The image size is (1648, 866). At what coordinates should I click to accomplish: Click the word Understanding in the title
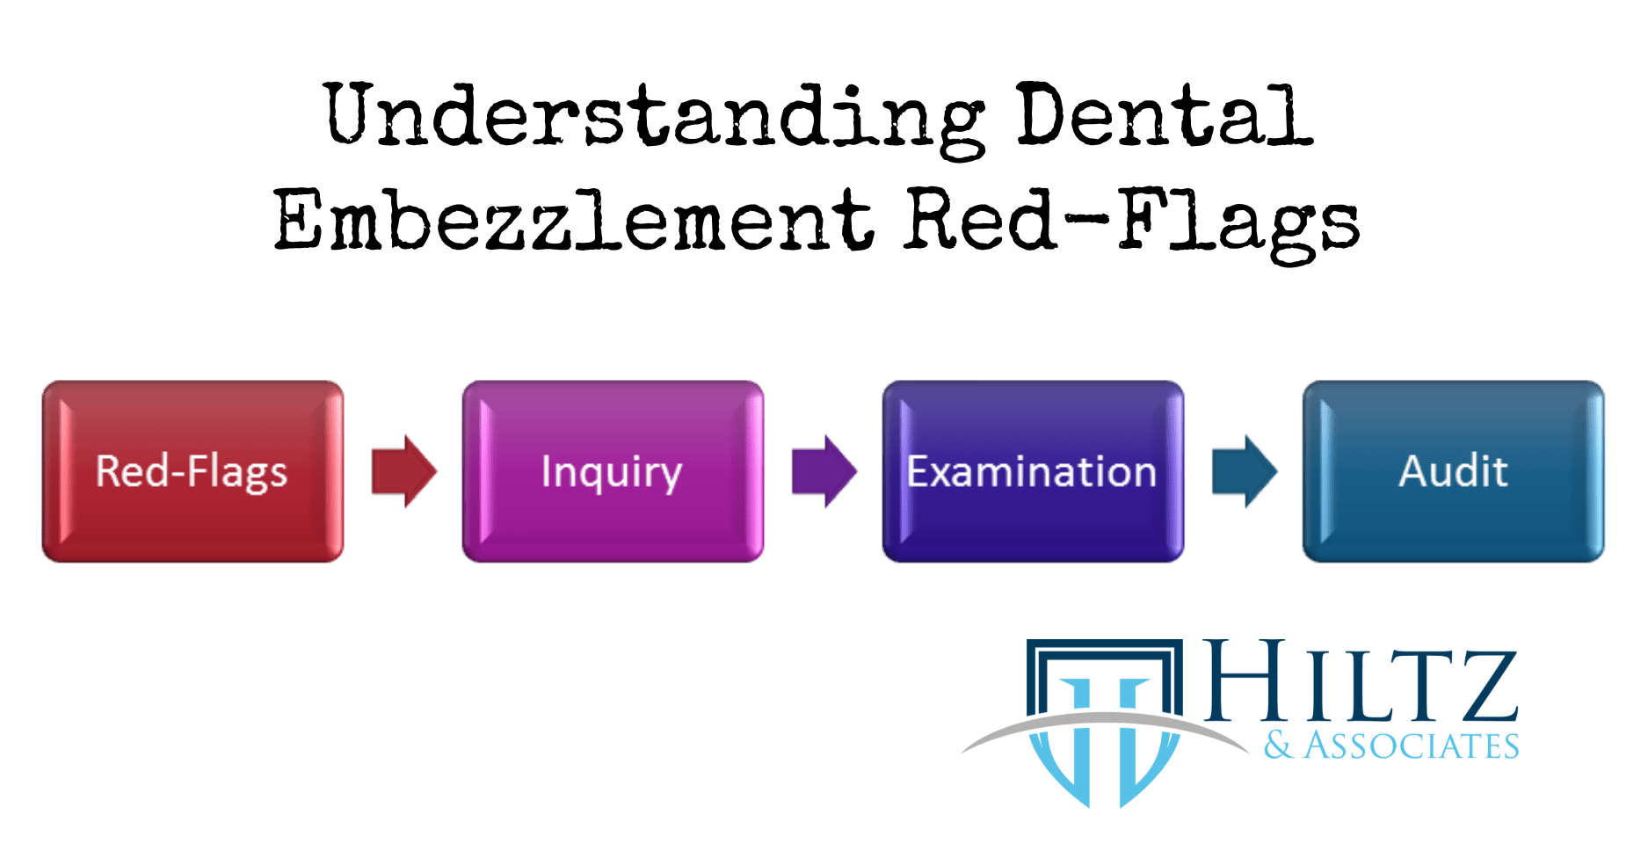(655, 120)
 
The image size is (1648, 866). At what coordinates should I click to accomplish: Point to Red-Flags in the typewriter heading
(1133, 223)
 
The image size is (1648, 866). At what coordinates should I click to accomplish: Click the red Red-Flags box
(192, 471)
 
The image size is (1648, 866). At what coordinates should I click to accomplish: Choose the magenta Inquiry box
(613, 471)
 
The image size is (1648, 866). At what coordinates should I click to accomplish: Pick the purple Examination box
(1033, 471)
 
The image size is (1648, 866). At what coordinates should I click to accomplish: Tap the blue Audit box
(1453, 471)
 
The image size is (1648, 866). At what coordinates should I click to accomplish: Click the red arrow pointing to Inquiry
(403, 471)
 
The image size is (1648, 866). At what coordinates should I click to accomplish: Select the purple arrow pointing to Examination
(824, 471)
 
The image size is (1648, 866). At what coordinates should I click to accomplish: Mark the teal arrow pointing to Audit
(1244, 471)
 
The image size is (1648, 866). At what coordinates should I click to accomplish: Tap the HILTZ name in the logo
(1361, 680)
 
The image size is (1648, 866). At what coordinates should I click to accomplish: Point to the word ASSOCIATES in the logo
(1412, 746)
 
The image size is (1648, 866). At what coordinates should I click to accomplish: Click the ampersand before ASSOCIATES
(1279, 746)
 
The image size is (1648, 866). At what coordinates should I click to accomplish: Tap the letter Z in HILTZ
(1484, 686)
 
